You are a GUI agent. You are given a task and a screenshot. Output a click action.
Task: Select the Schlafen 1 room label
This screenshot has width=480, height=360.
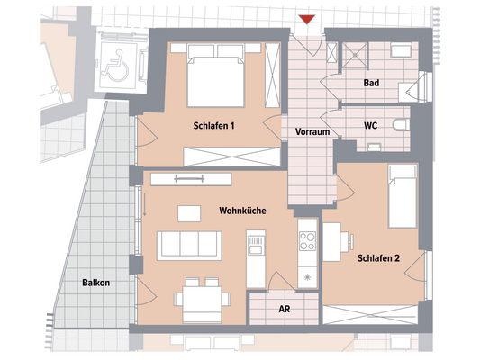(213, 127)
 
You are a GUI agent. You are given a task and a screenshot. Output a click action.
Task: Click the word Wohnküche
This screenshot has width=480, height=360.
(240, 210)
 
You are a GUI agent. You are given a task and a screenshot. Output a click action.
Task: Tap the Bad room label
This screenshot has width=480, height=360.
(370, 83)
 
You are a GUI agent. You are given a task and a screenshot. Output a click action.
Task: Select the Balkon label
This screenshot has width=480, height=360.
(95, 283)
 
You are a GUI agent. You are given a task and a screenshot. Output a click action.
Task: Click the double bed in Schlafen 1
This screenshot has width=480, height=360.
(215, 78)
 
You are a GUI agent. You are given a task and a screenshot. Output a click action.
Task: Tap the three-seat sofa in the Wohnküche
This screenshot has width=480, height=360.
(189, 244)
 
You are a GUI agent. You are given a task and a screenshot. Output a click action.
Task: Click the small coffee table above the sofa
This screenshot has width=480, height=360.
(189, 213)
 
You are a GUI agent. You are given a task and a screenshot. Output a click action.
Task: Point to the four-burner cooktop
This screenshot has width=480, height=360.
(308, 241)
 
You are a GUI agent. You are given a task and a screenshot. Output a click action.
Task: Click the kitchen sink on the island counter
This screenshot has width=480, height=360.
(257, 243)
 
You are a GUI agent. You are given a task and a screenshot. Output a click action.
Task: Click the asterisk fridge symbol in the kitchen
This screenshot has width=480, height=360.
(308, 275)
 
